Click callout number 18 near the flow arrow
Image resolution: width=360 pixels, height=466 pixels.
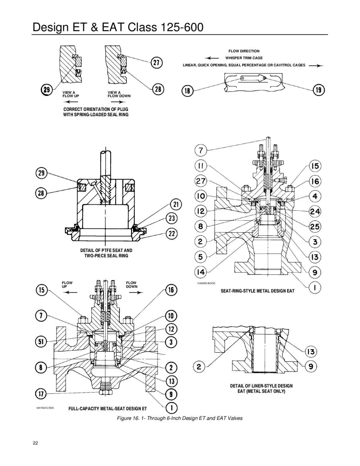[x=188, y=91]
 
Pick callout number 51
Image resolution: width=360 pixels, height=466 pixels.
[x=41, y=341]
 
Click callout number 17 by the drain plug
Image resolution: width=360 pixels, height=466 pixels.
[x=41, y=394]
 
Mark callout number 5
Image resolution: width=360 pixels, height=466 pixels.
[x=201, y=257]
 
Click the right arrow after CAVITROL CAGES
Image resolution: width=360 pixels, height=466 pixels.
[x=316, y=66]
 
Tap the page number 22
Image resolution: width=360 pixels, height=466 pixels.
[x=35, y=443]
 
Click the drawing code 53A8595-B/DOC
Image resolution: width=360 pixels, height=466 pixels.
[x=206, y=283]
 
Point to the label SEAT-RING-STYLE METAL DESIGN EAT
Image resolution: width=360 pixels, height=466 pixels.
[x=257, y=291]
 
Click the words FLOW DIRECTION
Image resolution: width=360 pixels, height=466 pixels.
[x=244, y=51]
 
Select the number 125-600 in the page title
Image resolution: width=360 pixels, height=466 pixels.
[x=182, y=27]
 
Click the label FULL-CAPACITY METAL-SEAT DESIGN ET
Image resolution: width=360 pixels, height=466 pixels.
[x=107, y=409]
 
